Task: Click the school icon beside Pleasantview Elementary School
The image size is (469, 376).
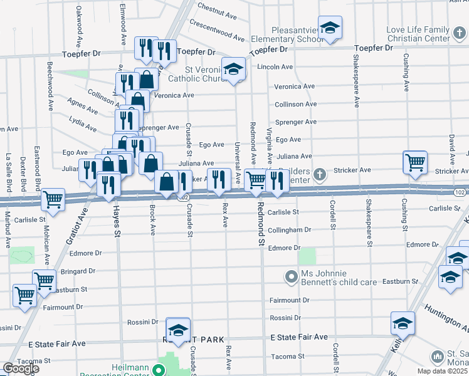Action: pyautogui.click(x=329, y=28)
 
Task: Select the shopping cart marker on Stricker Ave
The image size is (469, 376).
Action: pyautogui.click(x=414, y=162)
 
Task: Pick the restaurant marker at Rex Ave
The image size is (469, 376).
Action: pyautogui.click(x=219, y=179)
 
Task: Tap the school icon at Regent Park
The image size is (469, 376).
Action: pyautogui.click(x=178, y=330)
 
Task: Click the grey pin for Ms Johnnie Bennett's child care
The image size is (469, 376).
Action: pyautogui.click(x=290, y=276)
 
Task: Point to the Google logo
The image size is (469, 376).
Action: pyautogui.click(x=21, y=368)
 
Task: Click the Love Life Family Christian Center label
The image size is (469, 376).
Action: pyautogui.click(x=418, y=34)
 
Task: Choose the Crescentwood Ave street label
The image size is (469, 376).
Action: pyautogui.click(x=217, y=29)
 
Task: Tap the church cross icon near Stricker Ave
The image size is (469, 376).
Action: pyautogui.click(x=320, y=174)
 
